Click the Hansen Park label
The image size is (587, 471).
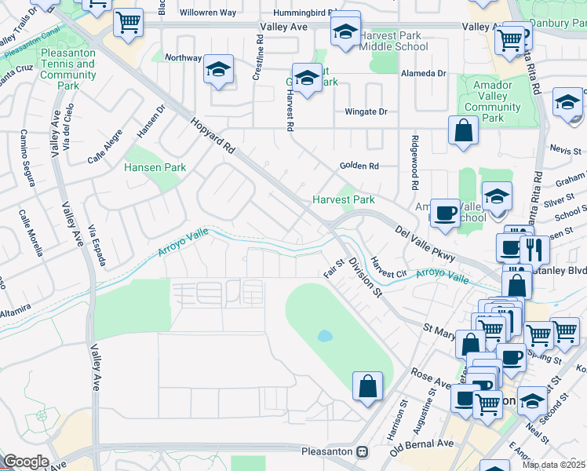click(x=155, y=167)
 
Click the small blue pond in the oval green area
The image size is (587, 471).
click(x=325, y=336)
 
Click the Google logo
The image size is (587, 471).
click(x=25, y=461)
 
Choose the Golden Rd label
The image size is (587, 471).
click(x=359, y=166)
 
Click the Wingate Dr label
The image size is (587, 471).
click(x=366, y=111)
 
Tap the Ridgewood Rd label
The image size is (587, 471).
click(x=413, y=163)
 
